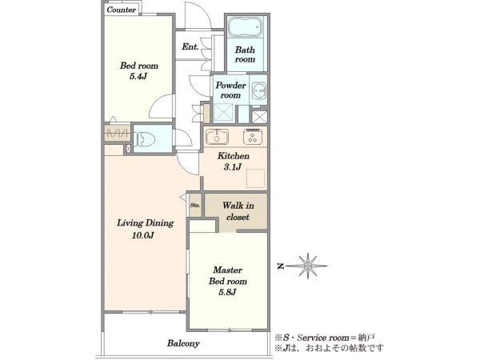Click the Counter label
click(x=122, y=10)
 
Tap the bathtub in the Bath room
click(x=246, y=26)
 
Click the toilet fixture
click(x=145, y=138)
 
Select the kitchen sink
click(x=217, y=137)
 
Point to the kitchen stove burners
click(x=253, y=137)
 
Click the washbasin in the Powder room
click(x=258, y=90)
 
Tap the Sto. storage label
click(x=195, y=206)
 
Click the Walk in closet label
click(x=238, y=211)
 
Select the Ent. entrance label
click(x=190, y=47)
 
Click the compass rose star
click(x=307, y=266)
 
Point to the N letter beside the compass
click(x=280, y=266)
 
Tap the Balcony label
click(x=183, y=343)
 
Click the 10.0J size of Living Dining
click(x=143, y=235)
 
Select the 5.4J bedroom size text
click(x=138, y=76)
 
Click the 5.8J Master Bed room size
click(x=227, y=292)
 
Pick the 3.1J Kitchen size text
click(x=233, y=167)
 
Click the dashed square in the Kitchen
click(x=256, y=178)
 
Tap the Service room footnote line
click(x=325, y=338)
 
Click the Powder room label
click(x=230, y=90)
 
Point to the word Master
click(x=228, y=270)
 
